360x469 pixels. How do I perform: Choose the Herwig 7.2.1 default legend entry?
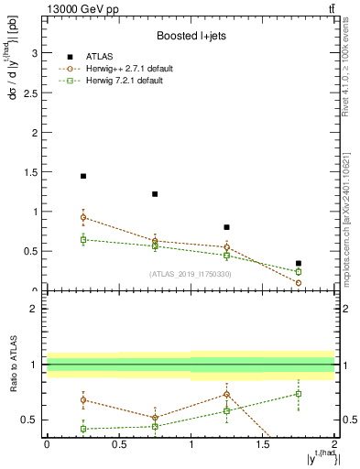coord(124,81)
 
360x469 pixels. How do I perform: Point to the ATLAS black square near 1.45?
coord(83,176)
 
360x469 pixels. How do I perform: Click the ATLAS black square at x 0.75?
coord(155,194)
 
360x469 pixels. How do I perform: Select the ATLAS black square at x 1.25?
coord(226,227)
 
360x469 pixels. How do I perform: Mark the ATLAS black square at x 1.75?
coord(299,263)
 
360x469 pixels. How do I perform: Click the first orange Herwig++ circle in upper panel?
coord(83,218)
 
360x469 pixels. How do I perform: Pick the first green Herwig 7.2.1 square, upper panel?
coord(83,240)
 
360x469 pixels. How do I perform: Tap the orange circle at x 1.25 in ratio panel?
coord(226,394)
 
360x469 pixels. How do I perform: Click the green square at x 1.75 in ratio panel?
coord(299,394)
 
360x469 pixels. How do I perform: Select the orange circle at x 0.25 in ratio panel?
coord(83,399)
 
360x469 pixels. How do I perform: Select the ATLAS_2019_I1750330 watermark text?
coord(190,274)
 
